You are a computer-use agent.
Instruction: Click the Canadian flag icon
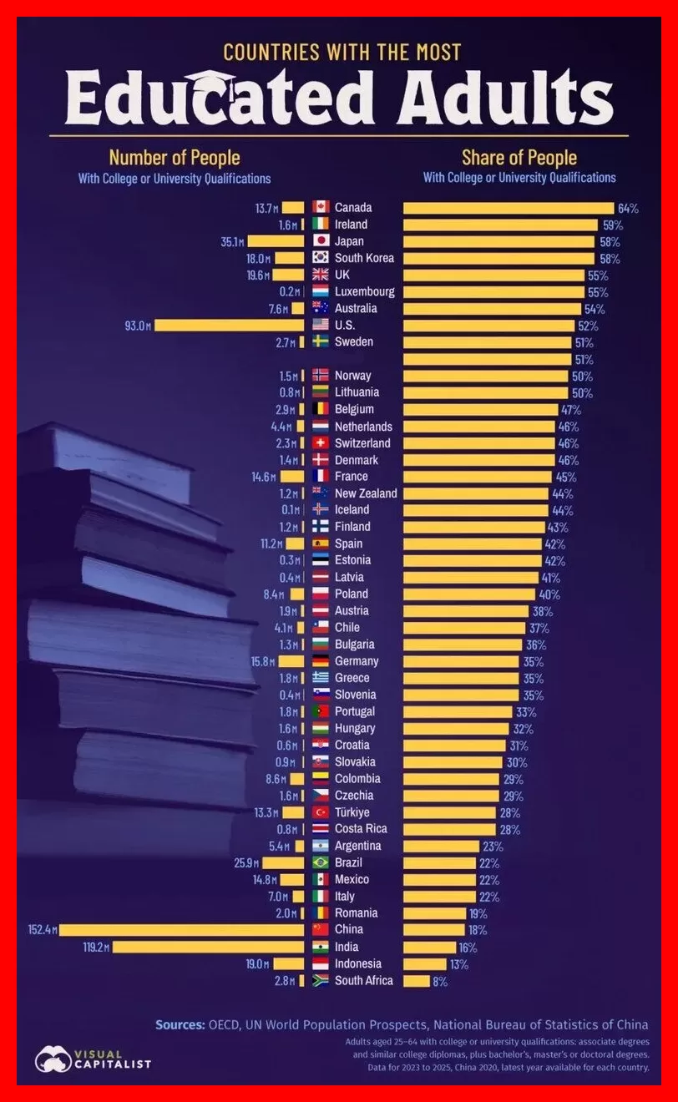tap(321, 207)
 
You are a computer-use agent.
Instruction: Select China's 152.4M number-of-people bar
tap(181, 930)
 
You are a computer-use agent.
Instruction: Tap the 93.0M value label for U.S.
tap(138, 326)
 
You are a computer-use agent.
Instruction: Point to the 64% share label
tap(628, 208)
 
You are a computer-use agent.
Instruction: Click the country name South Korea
tap(364, 258)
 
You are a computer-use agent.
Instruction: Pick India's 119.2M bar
tap(208, 947)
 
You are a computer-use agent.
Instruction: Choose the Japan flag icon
tap(321, 240)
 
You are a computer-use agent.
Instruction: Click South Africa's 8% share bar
tap(417, 981)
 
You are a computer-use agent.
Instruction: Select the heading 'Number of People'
tap(175, 158)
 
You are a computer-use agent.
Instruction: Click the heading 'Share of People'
tap(519, 158)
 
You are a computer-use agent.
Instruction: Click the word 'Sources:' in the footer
tap(180, 1024)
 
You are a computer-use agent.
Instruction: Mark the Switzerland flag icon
tap(321, 442)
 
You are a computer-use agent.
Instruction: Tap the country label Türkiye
tap(352, 811)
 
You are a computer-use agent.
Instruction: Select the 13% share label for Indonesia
tap(459, 964)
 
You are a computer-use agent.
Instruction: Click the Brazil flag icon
tap(321, 862)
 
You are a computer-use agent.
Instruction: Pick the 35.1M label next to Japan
tap(232, 241)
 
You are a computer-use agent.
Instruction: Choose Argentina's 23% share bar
tap(442, 847)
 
